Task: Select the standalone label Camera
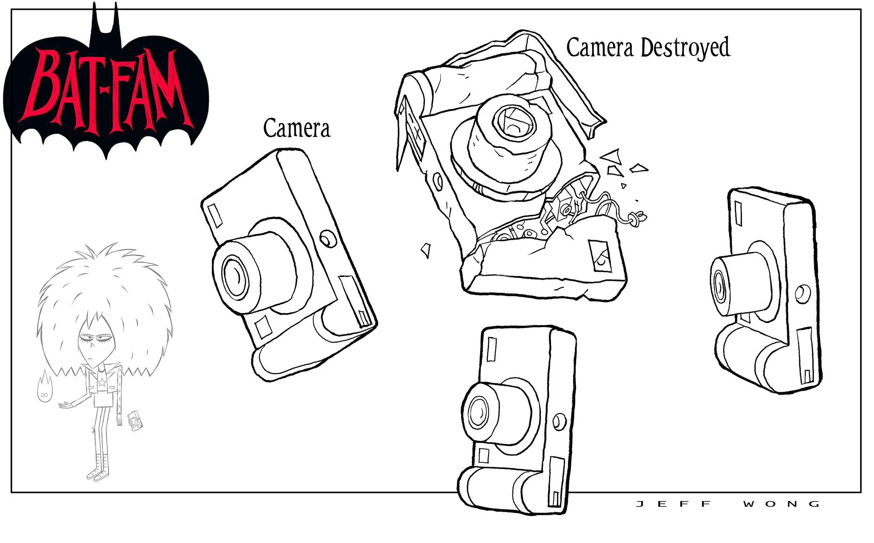[x=296, y=128]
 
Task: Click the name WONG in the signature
[x=781, y=504]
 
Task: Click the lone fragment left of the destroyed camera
[x=426, y=250]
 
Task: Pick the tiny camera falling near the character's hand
[x=135, y=421]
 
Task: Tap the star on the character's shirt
[x=102, y=382]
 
